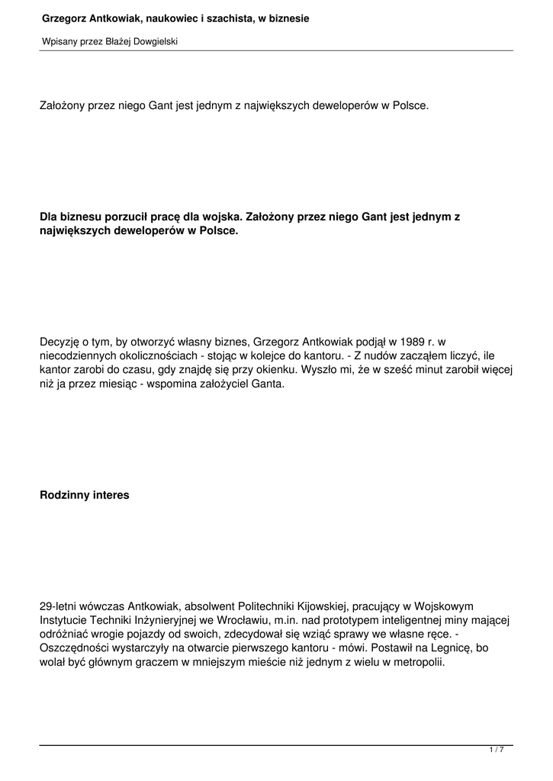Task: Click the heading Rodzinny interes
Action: (85, 495)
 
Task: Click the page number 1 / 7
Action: (496, 750)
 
